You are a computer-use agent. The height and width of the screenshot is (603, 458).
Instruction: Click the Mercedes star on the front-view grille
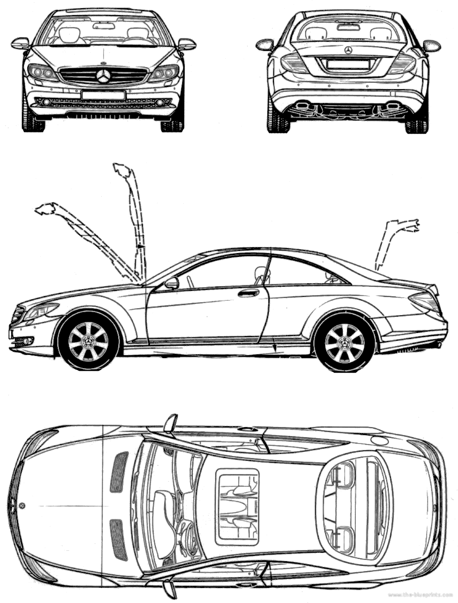104,76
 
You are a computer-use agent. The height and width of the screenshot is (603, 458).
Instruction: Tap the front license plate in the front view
103,95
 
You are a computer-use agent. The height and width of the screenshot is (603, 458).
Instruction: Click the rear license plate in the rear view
348,64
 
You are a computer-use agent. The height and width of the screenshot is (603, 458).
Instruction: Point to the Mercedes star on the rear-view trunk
348,50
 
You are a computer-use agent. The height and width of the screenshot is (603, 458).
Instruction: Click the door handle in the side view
248,293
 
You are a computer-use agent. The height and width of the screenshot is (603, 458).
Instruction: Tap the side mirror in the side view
172,283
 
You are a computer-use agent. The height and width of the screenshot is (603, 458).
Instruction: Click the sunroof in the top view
237,506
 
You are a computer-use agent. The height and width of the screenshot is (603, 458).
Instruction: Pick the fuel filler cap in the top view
379,440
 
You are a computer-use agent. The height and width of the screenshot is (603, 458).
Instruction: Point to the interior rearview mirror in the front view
104,26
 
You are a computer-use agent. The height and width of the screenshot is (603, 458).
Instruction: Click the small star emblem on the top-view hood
22,505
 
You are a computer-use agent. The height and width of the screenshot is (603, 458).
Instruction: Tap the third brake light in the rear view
348,27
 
